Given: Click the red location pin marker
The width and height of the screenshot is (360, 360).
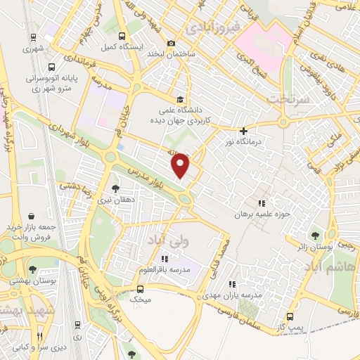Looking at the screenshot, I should (181, 165).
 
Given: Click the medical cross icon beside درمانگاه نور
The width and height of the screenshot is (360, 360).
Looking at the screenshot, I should (244, 130).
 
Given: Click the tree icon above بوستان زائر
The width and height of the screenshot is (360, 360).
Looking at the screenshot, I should (314, 236).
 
